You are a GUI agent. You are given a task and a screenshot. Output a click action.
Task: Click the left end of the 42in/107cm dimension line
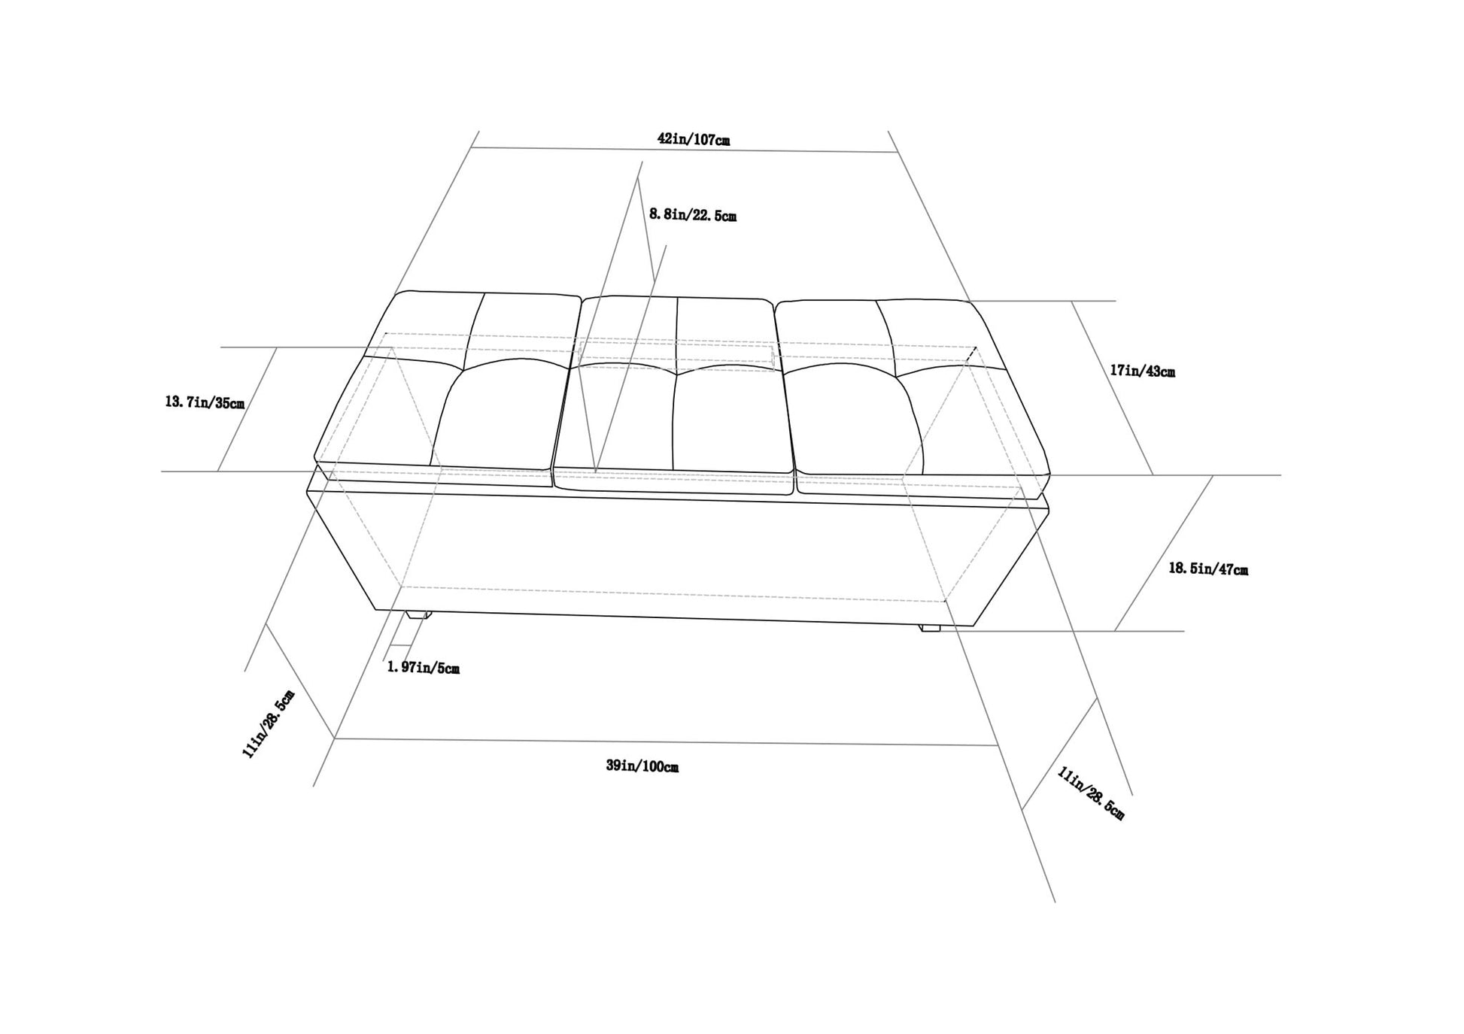[x=471, y=148]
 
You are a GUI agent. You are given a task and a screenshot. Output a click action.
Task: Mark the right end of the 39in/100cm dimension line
[x=998, y=745]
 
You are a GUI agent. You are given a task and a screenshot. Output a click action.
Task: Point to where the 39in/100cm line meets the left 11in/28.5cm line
[x=334, y=738]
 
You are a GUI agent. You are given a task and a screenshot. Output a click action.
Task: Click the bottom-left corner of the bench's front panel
[x=376, y=610]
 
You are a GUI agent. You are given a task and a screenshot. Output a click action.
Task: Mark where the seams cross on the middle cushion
[x=676, y=374]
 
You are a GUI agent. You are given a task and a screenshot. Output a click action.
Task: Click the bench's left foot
[x=418, y=614]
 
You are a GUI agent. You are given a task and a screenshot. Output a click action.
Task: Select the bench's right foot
[x=931, y=626]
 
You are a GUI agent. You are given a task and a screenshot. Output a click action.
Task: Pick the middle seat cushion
[x=674, y=395]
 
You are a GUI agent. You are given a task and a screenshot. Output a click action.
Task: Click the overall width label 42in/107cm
[x=694, y=139]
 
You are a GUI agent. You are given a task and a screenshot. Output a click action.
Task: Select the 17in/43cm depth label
[x=1142, y=371]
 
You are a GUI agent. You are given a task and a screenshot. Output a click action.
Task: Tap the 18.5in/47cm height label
[x=1208, y=569]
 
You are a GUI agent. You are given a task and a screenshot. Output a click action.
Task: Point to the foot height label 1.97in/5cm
[x=423, y=667]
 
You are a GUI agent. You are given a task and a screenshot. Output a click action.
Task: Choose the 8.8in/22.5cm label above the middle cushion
[x=693, y=215]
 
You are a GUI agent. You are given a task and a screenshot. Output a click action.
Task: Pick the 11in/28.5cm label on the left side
[x=269, y=723]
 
